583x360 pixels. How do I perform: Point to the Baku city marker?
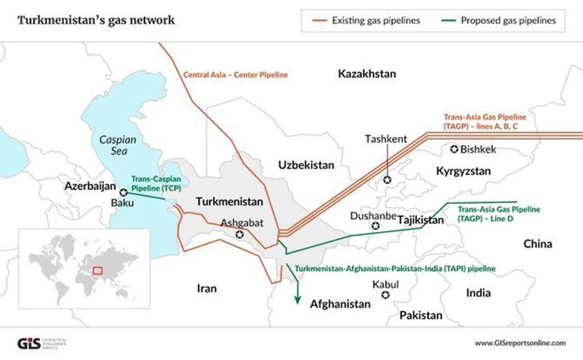point(123,192)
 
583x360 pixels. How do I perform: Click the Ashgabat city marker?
point(240,235)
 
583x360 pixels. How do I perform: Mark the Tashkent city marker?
point(387,179)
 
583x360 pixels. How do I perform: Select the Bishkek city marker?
point(455,149)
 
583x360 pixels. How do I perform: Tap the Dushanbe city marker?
point(375,226)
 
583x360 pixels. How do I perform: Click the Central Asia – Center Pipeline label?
point(236,74)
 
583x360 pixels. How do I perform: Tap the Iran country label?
point(207,289)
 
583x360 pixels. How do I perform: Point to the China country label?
point(538,243)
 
